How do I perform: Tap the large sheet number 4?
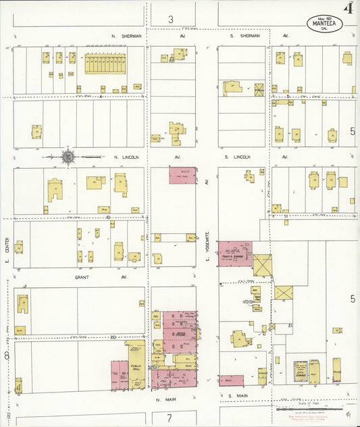[x=349, y=8]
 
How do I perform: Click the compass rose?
[x=68, y=157]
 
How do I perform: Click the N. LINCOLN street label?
[x=126, y=157]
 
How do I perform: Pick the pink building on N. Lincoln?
[x=182, y=176]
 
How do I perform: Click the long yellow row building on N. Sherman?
[x=105, y=65]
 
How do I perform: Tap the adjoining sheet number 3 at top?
[x=171, y=19]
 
